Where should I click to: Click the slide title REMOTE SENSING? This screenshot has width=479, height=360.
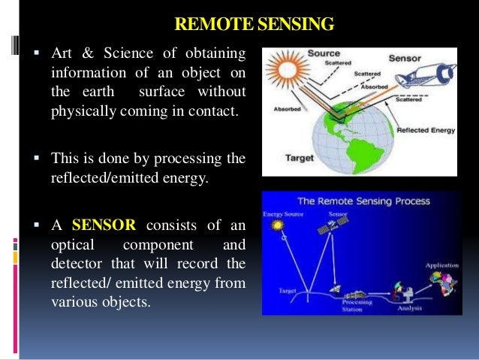click(253, 25)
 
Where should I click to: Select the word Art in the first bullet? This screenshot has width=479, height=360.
click(62, 53)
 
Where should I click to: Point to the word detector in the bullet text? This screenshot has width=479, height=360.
click(79, 265)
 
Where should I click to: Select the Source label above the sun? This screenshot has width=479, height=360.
click(325, 54)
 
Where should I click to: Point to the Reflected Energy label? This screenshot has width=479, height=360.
click(425, 130)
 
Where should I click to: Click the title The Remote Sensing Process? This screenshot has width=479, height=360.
click(363, 201)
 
